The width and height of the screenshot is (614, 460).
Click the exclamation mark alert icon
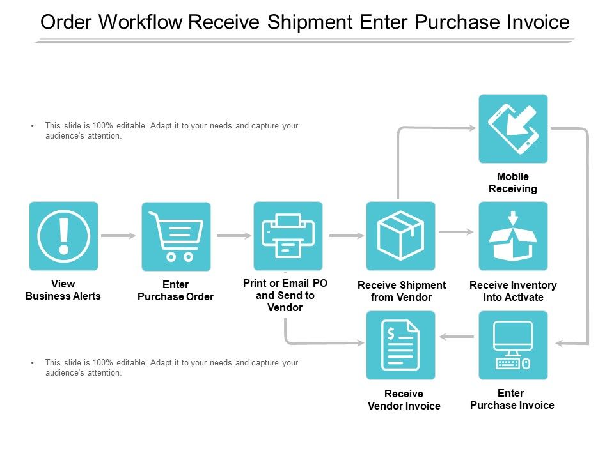coord(63,236)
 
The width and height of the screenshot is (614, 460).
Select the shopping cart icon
coord(176,236)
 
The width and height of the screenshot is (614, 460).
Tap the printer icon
coord(288,236)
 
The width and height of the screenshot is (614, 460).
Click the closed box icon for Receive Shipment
coord(400,236)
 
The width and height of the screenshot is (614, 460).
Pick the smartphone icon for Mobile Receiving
coord(513,128)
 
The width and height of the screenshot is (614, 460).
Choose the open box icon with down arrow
coord(513,236)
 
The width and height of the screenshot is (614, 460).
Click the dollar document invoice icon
coord(400,345)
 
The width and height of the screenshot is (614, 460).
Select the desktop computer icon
coord(513,345)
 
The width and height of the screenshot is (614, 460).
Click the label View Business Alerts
coord(63,290)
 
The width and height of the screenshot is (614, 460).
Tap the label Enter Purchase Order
coord(175,291)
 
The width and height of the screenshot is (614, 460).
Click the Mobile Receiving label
coord(513,183)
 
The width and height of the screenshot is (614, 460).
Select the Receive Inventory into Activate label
coord(513,291)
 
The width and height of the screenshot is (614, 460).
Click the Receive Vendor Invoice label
coord(404,400)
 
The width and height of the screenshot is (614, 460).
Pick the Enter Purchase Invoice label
coord(512,399)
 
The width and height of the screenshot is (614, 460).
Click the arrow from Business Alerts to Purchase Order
coord(120,236)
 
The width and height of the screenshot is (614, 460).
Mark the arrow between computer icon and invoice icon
coord(457,337)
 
